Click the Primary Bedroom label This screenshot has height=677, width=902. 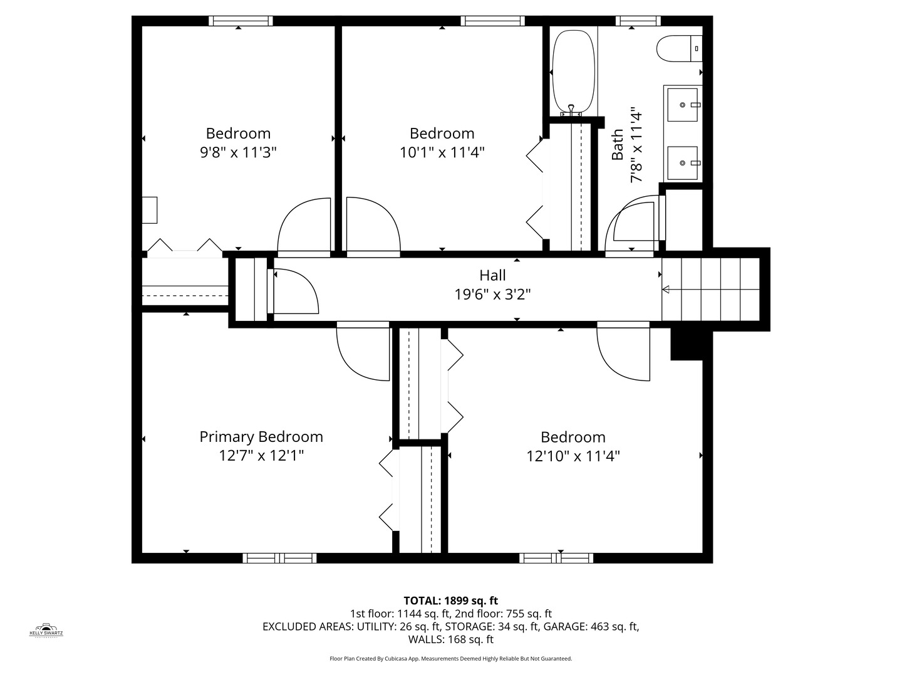261,437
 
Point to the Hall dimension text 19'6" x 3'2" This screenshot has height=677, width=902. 492,294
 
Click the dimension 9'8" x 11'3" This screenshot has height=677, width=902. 238,152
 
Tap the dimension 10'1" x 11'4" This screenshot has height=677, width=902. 442,152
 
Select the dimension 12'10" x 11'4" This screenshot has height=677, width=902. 573,456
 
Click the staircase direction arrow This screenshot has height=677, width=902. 666,289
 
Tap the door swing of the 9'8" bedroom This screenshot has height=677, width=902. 304,226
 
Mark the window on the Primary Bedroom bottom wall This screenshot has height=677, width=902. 279,558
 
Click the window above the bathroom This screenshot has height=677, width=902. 638,21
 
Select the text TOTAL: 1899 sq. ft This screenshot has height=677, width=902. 450,601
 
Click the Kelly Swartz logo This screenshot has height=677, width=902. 46,629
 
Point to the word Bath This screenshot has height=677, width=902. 618,145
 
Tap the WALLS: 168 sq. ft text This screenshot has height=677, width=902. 450,639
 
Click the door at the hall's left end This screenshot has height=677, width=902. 294,291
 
